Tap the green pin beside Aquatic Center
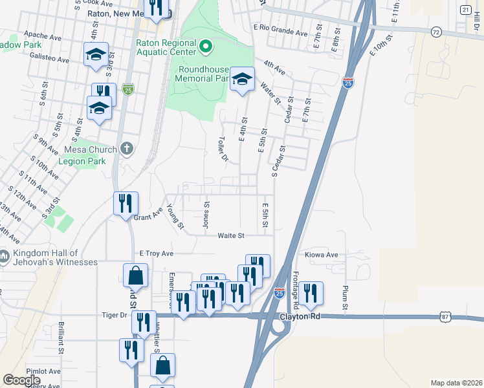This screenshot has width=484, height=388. (206, 46)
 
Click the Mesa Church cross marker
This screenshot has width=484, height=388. (127, 149)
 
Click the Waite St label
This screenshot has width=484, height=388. (230, 236)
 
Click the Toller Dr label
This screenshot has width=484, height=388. (223, 149)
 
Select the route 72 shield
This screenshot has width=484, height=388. (436, 31)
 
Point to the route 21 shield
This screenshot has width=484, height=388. (465, 10)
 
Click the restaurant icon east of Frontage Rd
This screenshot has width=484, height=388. (311, 294)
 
